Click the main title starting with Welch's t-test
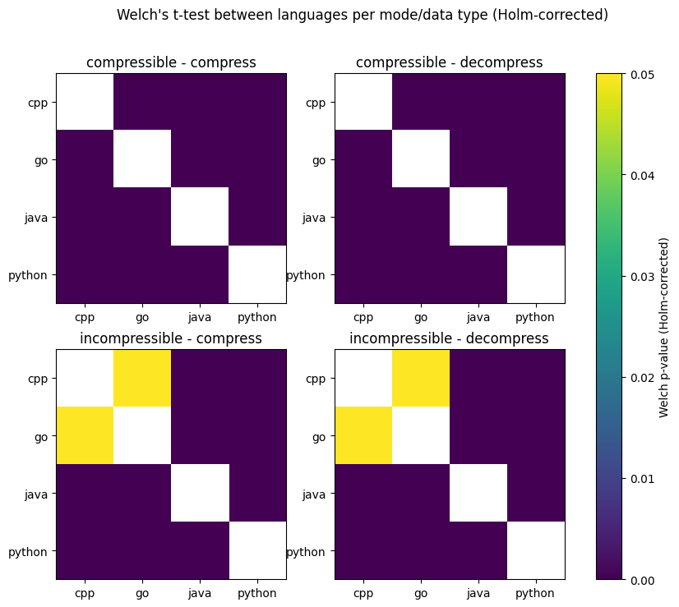coord(363,15)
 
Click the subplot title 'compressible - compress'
coord(171,62)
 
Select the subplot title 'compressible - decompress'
coord(449,62)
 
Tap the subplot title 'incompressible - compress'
coord(171,338)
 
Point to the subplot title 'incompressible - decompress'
coord(449,338)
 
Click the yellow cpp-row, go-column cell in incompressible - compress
coord(142,378)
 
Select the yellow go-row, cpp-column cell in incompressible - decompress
coord(363,435)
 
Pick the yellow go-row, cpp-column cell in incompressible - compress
coord(85,435)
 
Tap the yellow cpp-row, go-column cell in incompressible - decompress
coord(421,378)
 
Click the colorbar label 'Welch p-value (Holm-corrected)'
coord(664,327)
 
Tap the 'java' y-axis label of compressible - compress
coord(37,218)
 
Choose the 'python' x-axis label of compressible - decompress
coord(536,316)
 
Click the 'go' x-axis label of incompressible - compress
coord(142,592)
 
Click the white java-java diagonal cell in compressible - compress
coord(200,217)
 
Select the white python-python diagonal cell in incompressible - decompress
coord(536,550)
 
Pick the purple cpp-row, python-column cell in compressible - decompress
coord(536,102)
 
